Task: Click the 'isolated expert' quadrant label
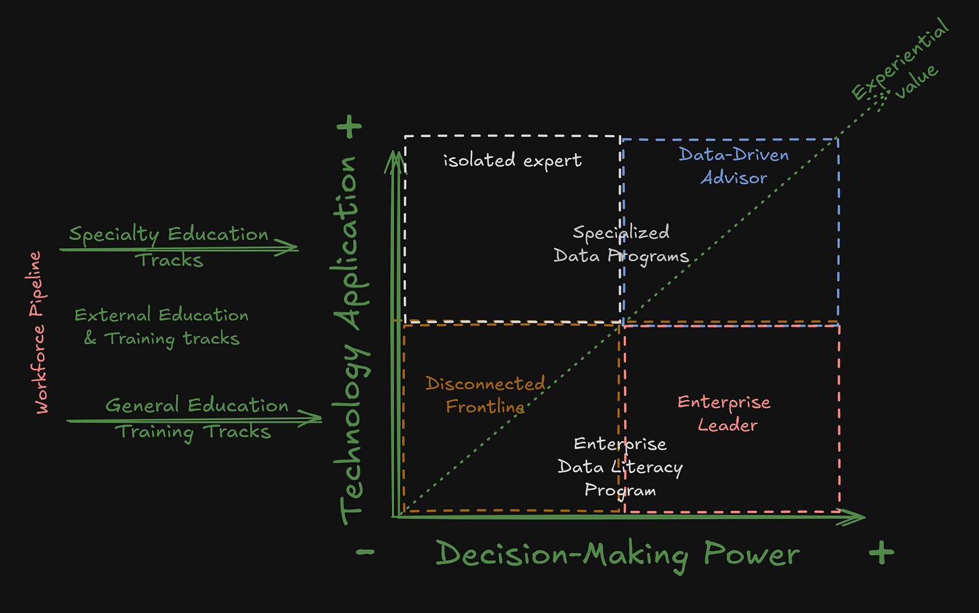[512, 161]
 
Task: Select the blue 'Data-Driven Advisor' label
[734, 166]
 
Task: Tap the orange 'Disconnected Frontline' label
[485, 395]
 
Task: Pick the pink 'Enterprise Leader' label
[724, 413]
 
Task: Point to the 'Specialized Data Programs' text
[621, 244]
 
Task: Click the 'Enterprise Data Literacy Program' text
[620, 467]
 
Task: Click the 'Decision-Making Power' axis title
[617, 555]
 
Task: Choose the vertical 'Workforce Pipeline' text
[39, 332]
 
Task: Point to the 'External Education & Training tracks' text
[161, 327]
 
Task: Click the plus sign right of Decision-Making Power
[881, 553]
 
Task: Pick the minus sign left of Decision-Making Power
[365, 553]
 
